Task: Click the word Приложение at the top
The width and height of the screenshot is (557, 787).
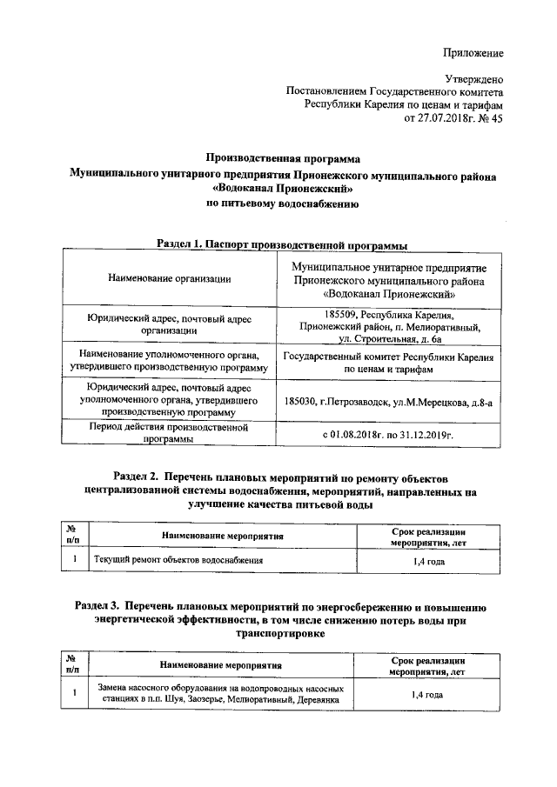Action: [x=473, y=53]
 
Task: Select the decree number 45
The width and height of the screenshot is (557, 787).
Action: [x=496, y=119]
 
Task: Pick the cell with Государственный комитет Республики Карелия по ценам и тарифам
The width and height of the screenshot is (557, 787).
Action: [x=388, y=363]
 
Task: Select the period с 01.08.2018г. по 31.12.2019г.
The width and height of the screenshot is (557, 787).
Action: [x=388, y=432]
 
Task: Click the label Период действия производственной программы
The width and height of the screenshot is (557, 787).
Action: [x=170, y=433]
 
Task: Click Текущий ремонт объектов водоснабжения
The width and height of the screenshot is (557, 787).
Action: [x=178, y=560]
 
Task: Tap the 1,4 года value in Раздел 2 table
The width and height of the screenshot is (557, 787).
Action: [x=428, y=561]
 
